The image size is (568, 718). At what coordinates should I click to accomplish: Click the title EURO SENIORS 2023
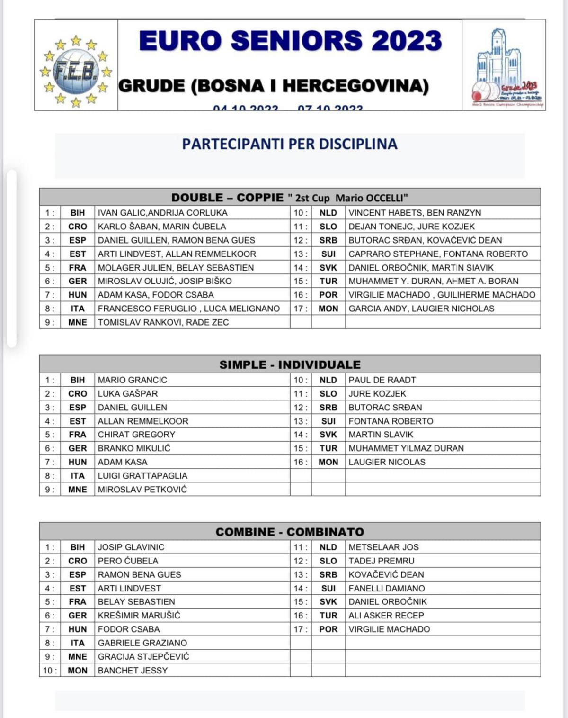pos(290,41)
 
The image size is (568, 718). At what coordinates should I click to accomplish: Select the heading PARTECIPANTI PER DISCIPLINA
pos(290,144)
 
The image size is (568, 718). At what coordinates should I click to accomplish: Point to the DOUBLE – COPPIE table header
pos(290,198)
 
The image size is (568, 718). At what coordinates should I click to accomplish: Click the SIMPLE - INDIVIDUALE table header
pos(290,364)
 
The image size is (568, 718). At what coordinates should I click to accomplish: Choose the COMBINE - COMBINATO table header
pos(290,532)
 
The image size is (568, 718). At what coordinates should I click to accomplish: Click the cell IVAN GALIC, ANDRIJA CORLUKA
pos(162,213)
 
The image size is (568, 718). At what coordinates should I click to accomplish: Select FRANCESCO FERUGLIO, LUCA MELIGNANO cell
pos(188,309)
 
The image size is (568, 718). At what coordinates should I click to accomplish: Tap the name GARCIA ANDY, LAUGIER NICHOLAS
pos(421,309)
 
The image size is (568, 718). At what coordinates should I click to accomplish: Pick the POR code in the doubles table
pos(328,295)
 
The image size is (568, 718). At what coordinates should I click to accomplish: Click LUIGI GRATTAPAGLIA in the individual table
pos(142,476)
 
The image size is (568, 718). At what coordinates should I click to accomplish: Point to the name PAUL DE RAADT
pos(382,380)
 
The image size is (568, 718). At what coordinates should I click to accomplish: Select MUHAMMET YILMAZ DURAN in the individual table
pos(406,448)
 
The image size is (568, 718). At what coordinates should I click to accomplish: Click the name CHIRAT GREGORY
pos(136,435)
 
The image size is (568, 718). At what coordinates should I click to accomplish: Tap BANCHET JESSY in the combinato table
pos(133,671)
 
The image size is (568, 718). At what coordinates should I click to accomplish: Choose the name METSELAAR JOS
pos(383,547)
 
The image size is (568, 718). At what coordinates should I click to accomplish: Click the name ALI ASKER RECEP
pos(386,616)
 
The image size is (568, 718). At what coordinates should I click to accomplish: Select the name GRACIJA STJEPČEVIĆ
pos(143,657)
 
